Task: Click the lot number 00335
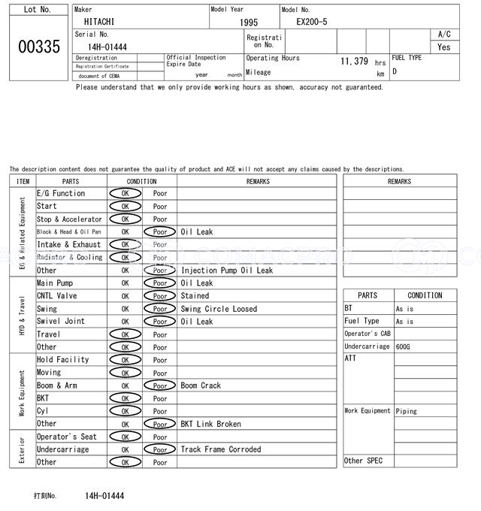click(x=38, y=47)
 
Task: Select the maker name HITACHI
click(x=99, y=22)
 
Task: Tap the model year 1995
click(x=249, y=23)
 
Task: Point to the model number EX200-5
click(x=312, y=22)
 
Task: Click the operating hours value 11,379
click(x=354, y=61)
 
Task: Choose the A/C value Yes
click(x=444, y=47)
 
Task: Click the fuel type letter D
click(x=395, y=71)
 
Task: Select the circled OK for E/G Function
click(x=125, y=193)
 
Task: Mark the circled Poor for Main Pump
click(x=160, y=283)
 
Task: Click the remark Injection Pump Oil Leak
click(x=227, y=271)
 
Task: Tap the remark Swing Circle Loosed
click(x=219, y=309)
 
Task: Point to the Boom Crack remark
click(x=201, y=386)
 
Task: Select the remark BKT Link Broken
click(x=210, y=424)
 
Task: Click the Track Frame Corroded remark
click(x=221, y=449)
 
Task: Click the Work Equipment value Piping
click(x=407, y=411)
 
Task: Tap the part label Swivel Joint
click(x=61, y=322)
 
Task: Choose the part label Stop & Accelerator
click(x=69, y=219)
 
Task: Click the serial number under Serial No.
click(x=106, y=47)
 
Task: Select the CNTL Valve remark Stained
click(x=195, y=296)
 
